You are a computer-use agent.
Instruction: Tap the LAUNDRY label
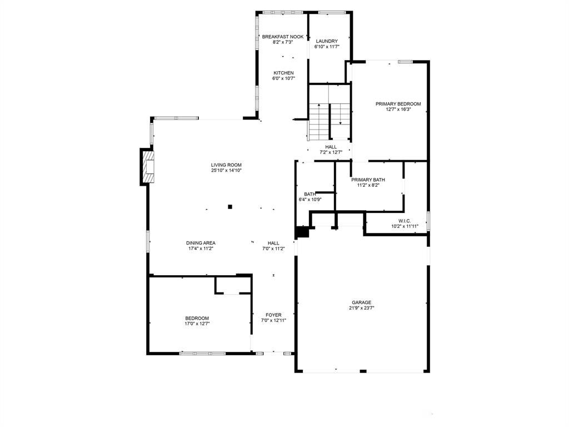click(x=327, y=41)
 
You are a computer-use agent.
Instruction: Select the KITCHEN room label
click(x=283, y=73)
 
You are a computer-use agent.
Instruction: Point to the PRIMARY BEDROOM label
click(x=398, y=104)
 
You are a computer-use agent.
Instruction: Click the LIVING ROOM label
click(x=226, y=165)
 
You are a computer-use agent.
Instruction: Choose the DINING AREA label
click(x=201, y=243)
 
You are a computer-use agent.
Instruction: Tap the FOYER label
click(x=273, y=315)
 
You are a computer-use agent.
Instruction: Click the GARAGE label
click(x=361, y=302)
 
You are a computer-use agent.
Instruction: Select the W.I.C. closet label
click(x=404, y=221)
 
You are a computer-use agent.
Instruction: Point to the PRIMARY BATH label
click(x=368, y=180)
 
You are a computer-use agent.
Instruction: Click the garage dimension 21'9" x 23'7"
click(x=361, y=308)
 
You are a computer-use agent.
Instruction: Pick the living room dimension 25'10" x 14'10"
click(x=226, y=170)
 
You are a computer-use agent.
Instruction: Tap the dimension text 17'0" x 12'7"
click(x=197, y=324)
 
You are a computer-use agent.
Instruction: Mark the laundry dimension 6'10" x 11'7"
click(x=327, y=47)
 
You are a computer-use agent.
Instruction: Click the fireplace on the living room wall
click(x=147, y=166)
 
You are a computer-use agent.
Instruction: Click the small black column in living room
click(x=230, y=207)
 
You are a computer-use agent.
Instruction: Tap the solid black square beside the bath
click(x=302, y=232)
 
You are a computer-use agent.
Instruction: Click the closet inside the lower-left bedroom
click(x=233, y=285)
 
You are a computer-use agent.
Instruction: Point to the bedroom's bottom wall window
click(x=202, y=353)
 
